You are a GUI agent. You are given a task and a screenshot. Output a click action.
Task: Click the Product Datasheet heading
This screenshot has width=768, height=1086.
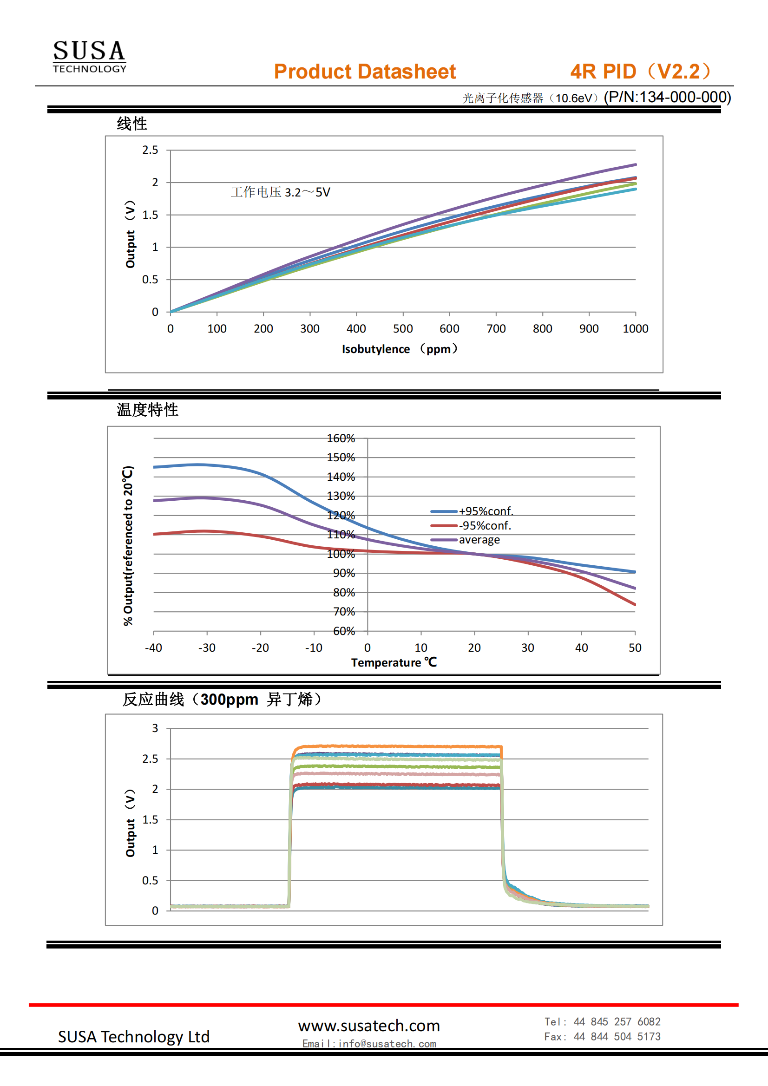[364, 72]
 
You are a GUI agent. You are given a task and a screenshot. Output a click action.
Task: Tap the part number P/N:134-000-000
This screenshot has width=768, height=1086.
[667, 97]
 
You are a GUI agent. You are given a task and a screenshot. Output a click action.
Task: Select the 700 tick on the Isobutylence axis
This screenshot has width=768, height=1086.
[496, 328]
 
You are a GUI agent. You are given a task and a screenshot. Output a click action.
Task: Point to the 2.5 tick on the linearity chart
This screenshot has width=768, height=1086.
[150, 150]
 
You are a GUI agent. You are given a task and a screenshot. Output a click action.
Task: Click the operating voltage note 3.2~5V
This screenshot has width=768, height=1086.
[281, 192]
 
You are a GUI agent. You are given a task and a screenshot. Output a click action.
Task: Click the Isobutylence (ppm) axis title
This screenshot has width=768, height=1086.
[400, 349]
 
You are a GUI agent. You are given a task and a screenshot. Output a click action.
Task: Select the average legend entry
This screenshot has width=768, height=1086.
[479, 540]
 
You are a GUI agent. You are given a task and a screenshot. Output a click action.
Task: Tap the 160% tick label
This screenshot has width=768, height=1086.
[341, 438]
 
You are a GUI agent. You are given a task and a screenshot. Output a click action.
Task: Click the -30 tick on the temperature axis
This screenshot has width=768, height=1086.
[207, 648]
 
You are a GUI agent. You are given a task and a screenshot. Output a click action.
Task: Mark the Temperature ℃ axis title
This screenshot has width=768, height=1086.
[394, 662]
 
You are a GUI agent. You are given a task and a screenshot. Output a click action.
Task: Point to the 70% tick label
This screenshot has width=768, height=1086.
[344, 612]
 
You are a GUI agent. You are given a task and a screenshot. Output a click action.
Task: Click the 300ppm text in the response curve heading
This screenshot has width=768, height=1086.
[229, 699]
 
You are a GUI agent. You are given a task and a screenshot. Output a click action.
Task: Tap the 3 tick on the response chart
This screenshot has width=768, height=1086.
[155, 728]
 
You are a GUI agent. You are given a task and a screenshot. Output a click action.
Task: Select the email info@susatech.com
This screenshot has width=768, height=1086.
[369, 1043]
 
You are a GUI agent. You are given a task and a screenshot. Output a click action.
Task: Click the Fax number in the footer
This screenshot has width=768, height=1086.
[602, 1036]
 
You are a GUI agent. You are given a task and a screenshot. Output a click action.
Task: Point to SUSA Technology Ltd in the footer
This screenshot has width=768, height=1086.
[133, 1036]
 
